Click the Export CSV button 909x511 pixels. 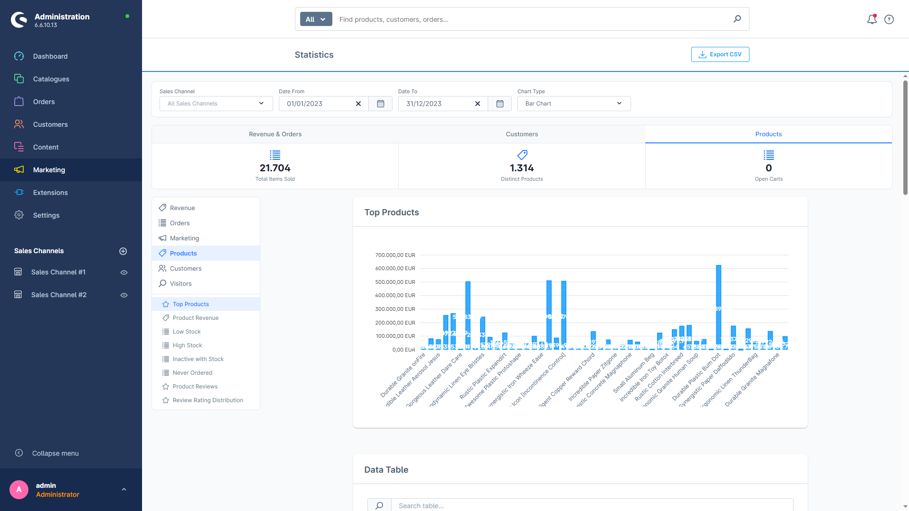coord(720,54)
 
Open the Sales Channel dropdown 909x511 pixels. coord(216,104)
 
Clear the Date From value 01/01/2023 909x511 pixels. coord(358,104)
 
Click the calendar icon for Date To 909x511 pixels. coord(499,104)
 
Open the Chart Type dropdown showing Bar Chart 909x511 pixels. coord(574,104)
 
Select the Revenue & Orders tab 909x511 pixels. coord(275,134)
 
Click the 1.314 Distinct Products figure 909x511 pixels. coord(521,168)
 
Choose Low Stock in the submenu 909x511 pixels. coord(187,332)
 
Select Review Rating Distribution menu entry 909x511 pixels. coord(207,400)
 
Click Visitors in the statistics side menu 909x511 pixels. coord(180,283)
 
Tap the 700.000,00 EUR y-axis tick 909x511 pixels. coord(395,255)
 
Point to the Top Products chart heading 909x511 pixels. coord(392,212)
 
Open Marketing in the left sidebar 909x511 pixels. coord(49,170)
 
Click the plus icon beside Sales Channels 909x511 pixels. coord(123,251)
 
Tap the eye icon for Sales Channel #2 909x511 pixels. coord(124,295)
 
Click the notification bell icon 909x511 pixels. coord(872,19)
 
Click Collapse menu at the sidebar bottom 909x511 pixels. coord(55,453)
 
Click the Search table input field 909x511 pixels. coord(592,505)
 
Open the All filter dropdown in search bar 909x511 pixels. coord(316,19)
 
